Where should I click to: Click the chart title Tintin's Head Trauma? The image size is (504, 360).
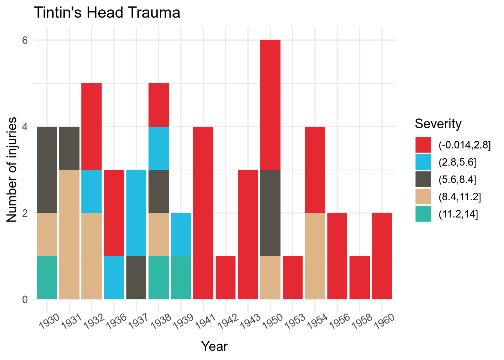pyautogui.click(x=107, y=13)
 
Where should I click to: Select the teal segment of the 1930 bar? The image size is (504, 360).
pyautogui.click(x=47, y=277)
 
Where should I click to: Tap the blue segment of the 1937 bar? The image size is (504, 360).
pyautogui.click(x=136, y=213)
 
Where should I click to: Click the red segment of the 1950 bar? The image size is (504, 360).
pyautogui.click(x=270, y=105)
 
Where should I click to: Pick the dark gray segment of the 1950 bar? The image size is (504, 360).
pyautogui.click(x=270, y=213)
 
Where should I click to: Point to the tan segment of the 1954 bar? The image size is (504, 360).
pyautogui.click(x=315, y=256)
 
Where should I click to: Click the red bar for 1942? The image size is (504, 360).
pyautogui.click(x=225, y=277)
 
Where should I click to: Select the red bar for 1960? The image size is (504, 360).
pyautogui.click(x=382, y=256)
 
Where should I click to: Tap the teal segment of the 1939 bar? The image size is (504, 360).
pyautogui.click(x=181, y=277)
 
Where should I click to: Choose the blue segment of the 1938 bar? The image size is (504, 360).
pyautogui.click(x=159, y=148)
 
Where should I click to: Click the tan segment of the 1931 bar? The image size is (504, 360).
pyautogui.click(x=69, y=234)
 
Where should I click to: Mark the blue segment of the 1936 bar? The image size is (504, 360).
pyautogui.click(x=114, y=277)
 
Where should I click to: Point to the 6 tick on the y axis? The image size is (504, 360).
pyautogui.click(x=25, y=40)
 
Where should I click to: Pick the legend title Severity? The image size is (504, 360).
pyautogui.click(x=438, y=123)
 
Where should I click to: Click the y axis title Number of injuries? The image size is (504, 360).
pyautogui.click(x=12, y=169)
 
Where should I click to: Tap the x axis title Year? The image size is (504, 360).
pyautogui.click(x=214, y=346)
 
